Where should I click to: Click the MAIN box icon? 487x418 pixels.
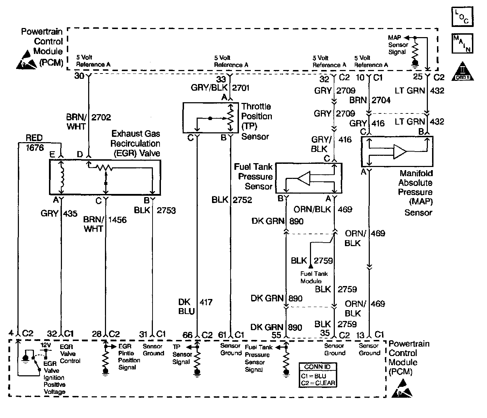[x=462, y=43]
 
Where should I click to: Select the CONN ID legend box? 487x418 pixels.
[x=317, y=375]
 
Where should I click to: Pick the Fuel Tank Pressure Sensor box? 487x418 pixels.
[x=309, y=178]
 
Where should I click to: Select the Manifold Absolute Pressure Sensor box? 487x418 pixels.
[x=397, y=151]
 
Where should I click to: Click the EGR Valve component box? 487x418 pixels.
[x=105, y=177]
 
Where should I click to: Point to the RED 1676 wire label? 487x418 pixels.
[x=34, y=143]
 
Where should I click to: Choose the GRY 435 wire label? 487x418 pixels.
[x=59, y=213]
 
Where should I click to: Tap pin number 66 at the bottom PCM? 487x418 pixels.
[x=188, y=335]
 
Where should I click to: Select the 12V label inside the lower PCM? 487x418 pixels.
[x=45, y=345]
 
